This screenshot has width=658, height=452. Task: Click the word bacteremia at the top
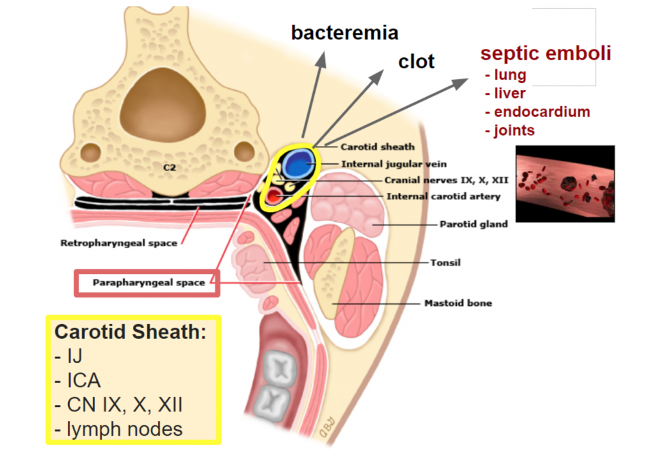(344, 32)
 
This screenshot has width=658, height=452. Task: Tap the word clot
(416, 62)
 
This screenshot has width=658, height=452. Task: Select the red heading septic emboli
(546, 53)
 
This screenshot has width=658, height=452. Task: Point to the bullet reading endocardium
(537, 112)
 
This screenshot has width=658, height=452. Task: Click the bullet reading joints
(510, 131)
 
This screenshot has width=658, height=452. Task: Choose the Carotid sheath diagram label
(377, 147)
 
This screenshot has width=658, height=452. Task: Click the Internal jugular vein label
(393, 164)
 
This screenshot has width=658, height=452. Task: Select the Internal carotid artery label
(443, 196)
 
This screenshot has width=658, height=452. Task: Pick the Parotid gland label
(474, 224)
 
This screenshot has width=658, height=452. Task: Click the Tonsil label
(445, 262)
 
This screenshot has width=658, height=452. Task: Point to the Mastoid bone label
(458, 302)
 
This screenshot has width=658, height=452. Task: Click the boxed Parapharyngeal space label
(148, 282)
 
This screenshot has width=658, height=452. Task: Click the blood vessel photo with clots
(565, 183)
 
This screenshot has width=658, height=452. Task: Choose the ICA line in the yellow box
(84, 381)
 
